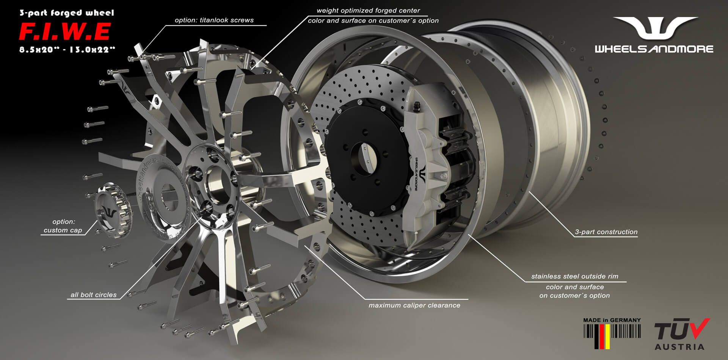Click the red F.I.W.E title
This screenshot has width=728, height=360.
coord(65,32)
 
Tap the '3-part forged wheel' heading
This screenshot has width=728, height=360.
coord(67,13)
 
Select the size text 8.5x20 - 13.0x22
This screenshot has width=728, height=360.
coord(67,50)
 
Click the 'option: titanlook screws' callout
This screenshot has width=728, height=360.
coord(214,20)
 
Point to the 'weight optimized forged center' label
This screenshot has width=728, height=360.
coord(368,11)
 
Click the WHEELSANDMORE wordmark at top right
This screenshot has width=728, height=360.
coord(654,49)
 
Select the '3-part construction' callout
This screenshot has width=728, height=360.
coord(606,232)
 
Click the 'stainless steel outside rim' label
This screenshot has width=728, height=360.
coord(574,277)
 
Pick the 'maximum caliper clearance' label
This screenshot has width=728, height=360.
coord(414,305)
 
